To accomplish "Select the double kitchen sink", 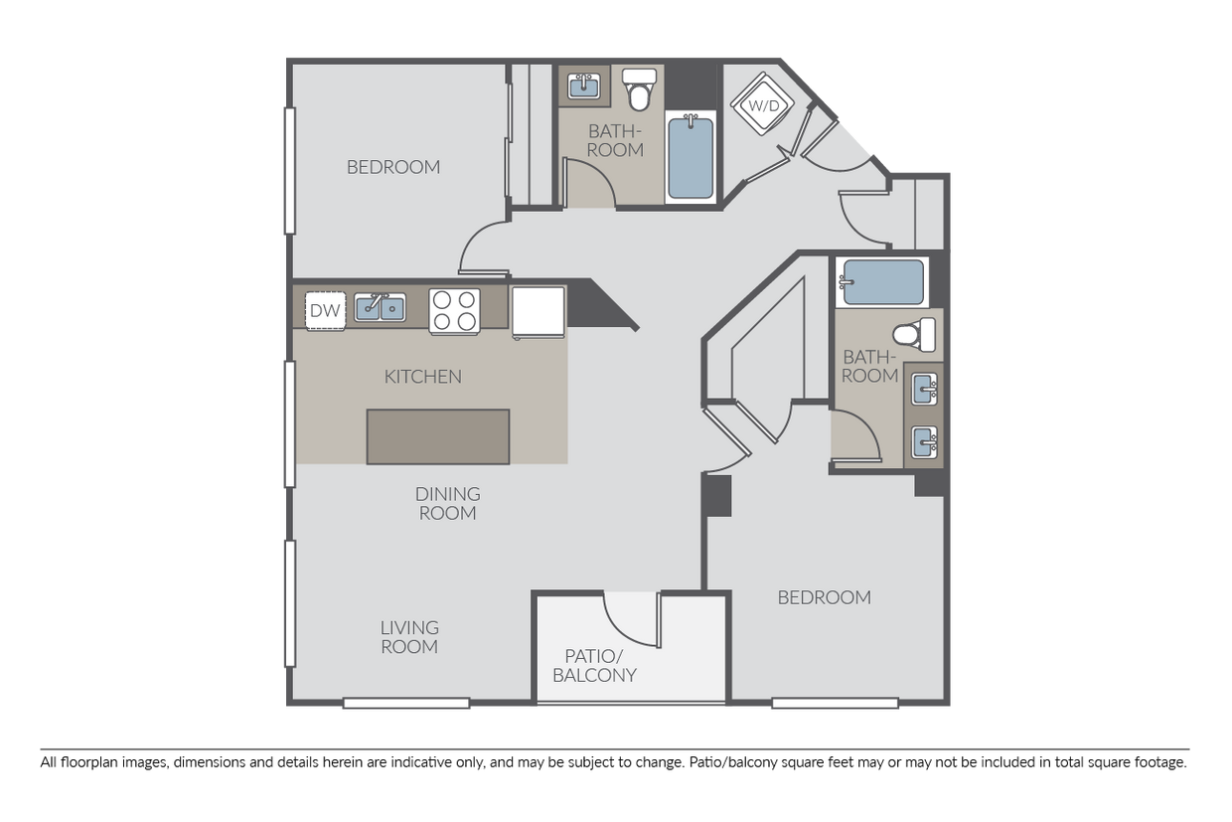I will pyautogui.click(x=381, y=308).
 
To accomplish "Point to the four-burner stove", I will pyautogui.click(x=454, y=310).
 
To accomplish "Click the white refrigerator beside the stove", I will pyautogui.click(x=538, y=312).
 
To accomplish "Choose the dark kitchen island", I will pyautogui.click(x=438, y=436).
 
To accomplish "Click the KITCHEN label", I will pyautogui.click(x=422, y=377).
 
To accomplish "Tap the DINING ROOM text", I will pyautogui.click(x=447, y=503).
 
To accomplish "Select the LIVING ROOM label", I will pyautogui.click(x=409, y=637).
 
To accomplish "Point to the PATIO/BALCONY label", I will pyautogui.click(x=600, y=665).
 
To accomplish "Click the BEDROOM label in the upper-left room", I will pyautogui.click(x=393, y=167).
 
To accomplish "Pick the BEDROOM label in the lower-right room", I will pyautogui.click(x=824, y=597).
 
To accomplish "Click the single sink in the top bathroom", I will pyautogui.click(x=583, y=87).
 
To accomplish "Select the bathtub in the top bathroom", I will pyautogui.click(x=691, y=157).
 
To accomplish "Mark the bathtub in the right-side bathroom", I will pyautogui.click(x=881, y=281).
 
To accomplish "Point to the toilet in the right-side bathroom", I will pyautogui.click(x=916, y=334).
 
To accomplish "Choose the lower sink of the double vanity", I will pyautogui.click(x=924, y=439).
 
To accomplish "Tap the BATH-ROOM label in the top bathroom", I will pyautogui.click(x=615, y=140).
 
